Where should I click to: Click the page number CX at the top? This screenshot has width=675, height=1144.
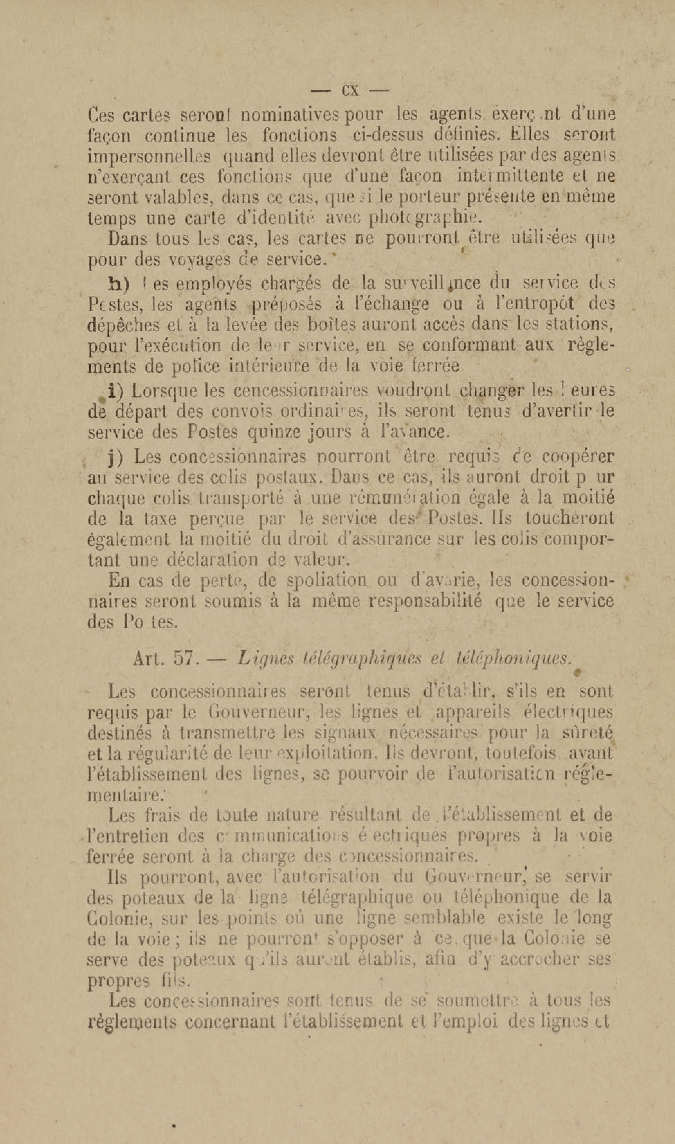(x=350, y=90)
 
